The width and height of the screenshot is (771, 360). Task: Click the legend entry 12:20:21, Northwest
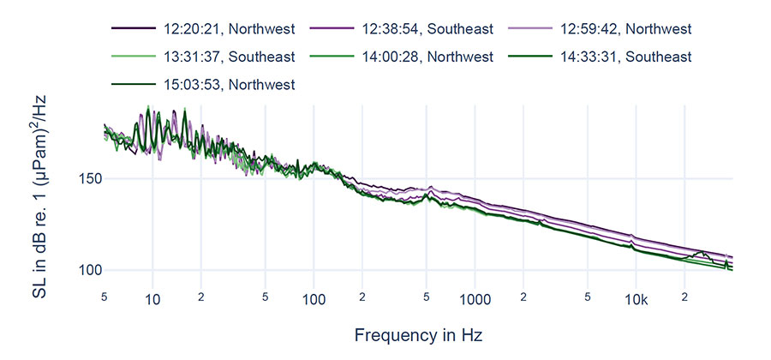[x=229, y=28]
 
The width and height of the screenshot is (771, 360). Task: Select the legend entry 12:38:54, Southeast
[x=427, y=28]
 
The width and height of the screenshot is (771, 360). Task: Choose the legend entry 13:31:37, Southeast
[x=229, y=57]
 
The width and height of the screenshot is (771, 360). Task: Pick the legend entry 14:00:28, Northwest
[x=427, y=57]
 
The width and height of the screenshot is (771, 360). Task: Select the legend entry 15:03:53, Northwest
[x=229, y=84]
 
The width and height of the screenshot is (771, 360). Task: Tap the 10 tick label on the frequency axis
[x=152, y=299]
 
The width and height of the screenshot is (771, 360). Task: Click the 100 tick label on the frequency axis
[x=314, y=299]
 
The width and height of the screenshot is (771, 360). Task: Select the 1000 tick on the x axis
[x=475, y=299]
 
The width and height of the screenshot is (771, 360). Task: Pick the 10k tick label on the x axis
[x=635, y=299]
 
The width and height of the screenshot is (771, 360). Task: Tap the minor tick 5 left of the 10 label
[x=105, y=297]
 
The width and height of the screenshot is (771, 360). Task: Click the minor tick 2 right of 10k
[x=684, y=297]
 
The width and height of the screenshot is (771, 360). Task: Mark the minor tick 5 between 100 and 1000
[x=426, y=297]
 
